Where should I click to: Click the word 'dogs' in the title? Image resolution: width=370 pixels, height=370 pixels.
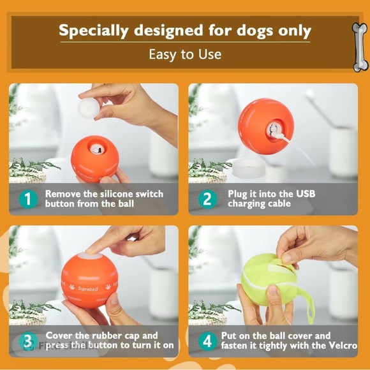[246, 30]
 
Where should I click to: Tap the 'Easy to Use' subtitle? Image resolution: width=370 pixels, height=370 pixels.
[185, 54]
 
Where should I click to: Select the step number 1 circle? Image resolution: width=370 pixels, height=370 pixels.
[28, 199]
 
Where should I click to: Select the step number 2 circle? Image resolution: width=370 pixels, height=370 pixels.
[207, 199]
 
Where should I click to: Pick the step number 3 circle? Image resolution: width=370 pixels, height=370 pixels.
[28, 341]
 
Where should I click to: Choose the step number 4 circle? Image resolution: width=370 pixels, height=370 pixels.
[207, 341]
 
